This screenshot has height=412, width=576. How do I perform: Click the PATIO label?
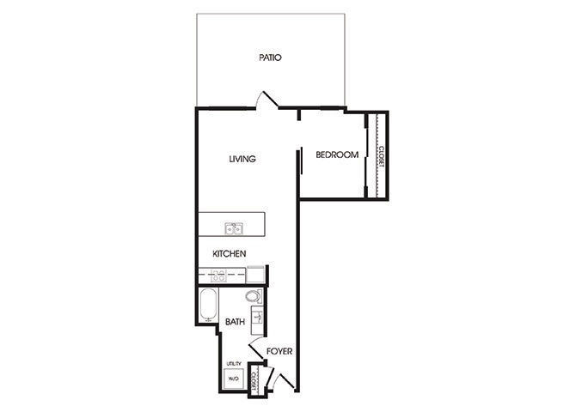click(271, 58)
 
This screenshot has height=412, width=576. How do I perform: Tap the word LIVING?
click(243, 159)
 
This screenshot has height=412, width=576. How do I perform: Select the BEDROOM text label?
click(336, 155)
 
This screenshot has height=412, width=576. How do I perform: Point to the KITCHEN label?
click(230, 254)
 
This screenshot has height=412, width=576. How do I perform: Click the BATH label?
click(235, 322)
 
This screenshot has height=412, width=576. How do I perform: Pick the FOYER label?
click(279, 352)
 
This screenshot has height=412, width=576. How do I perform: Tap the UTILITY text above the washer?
click(234, 364)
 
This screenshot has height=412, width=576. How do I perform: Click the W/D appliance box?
click(233, 379)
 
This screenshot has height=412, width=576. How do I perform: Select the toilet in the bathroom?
click(252, 297)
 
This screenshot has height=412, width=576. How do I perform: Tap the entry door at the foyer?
click(281, 378)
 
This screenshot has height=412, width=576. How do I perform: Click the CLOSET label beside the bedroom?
click(380, 155)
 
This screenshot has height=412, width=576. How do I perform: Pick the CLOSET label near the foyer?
click(255, 382)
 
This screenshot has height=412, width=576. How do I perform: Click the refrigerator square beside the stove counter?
click(255, 275)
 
